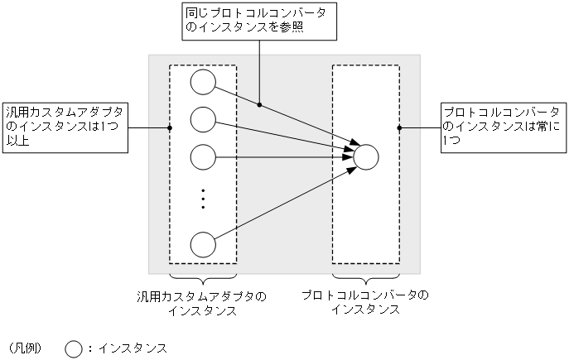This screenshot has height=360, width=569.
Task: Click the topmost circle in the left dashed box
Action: coord(203,83)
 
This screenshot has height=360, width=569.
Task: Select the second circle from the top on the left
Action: coord(203,119)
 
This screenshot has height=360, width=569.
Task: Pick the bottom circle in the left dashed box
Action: coord(203,245)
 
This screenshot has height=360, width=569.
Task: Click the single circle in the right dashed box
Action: coord(366,156)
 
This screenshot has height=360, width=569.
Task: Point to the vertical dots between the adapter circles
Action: coord(203,199)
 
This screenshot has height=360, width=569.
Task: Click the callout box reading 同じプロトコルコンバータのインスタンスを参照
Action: coord(260,21)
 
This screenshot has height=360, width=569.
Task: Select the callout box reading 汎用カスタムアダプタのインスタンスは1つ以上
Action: coord(65,127)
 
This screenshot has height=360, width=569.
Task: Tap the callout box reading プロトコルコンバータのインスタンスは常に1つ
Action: coord(502,127)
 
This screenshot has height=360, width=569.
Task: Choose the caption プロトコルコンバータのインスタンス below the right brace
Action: coord(366,302)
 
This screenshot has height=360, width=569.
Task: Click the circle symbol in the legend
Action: coord(74,348)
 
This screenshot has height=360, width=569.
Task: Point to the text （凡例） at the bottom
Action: coord(24,348)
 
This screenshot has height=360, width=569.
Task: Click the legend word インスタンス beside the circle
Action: coord(133,348)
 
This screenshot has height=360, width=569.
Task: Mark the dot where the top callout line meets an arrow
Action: coord(260,104)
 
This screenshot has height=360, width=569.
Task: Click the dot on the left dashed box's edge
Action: coord(170,127)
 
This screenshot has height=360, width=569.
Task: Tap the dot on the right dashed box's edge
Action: coord(399,127)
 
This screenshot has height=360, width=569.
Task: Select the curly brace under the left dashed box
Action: coord(203,279)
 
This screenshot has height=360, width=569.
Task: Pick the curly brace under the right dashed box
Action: coord(366,279)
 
